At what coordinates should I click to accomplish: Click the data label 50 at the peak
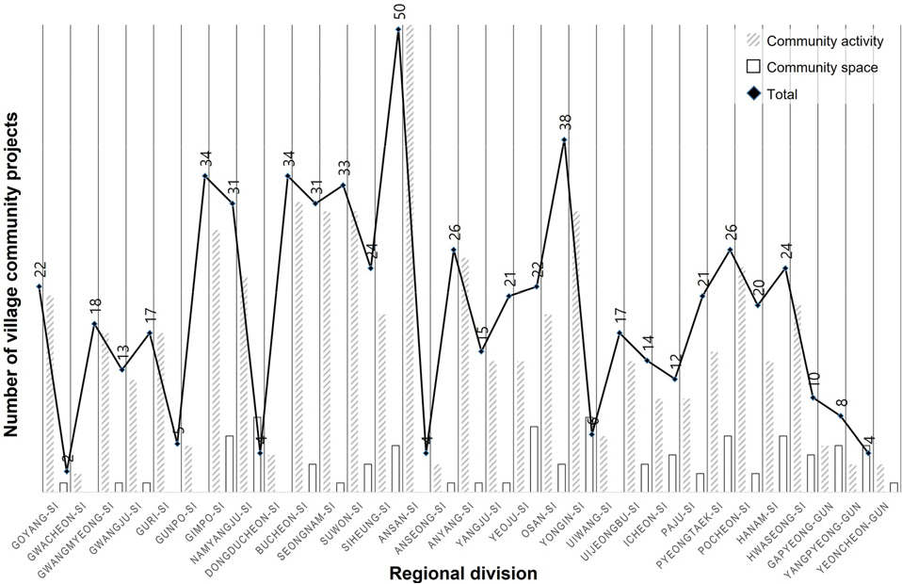[x=398, y=11]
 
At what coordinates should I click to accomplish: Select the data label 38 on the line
[x=564, y=122]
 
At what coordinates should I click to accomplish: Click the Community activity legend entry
[x=824, y=41]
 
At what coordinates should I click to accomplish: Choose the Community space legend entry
[x=822, y=68]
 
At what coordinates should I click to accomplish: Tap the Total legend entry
[x=782, y=93]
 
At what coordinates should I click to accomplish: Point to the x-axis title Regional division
[x=450, y=573]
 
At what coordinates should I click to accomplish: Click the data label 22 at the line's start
[x=39, y=268]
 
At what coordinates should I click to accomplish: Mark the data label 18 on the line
[x=94, y=305]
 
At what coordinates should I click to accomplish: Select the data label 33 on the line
[x=344, y=168]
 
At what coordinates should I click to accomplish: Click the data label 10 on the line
[x=813, y=381]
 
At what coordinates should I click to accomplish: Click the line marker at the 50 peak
[x=398, y=29]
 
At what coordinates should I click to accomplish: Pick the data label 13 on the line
[x=121, y=352]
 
